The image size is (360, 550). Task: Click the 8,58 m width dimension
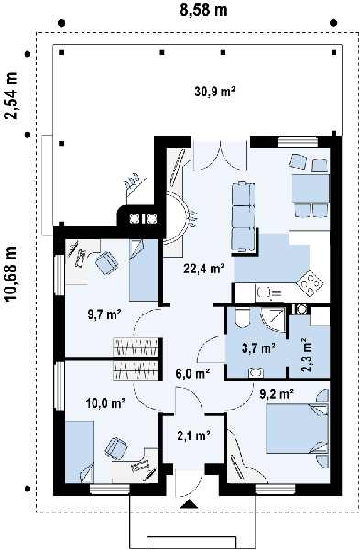point(203,9)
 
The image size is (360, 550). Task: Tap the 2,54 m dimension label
point(11,95)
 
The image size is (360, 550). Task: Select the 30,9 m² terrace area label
point(214,92)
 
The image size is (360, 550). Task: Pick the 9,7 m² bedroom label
point(104,313)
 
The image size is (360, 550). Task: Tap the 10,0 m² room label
point(105,403)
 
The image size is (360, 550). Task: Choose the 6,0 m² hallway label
point(192,374)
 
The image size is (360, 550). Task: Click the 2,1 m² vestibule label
point(193,435)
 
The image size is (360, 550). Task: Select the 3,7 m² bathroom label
point(258,348)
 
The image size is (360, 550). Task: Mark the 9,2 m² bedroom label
point(277,394)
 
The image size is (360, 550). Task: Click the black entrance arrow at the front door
point(190,504)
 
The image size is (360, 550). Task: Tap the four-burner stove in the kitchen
point(310,282)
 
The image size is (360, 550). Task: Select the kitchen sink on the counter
point(265,291)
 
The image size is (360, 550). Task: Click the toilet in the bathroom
point(242,317)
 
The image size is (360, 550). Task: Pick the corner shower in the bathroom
point(273,319)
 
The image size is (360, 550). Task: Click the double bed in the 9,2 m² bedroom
point(298,429)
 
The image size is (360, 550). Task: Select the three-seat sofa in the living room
point(243,216)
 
